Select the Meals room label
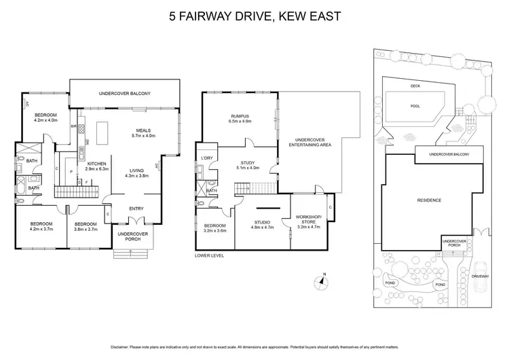click(x=143, y=130)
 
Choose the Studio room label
click(x=262, y=221)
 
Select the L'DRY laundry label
click(x=208, y=158)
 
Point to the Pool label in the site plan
click(x=415, y=106)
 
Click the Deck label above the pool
click(x=415, y=86)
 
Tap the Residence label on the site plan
click(x=429, y=200)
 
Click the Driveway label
click(x=480, y=276)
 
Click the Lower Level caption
click(x=208, y=255)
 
